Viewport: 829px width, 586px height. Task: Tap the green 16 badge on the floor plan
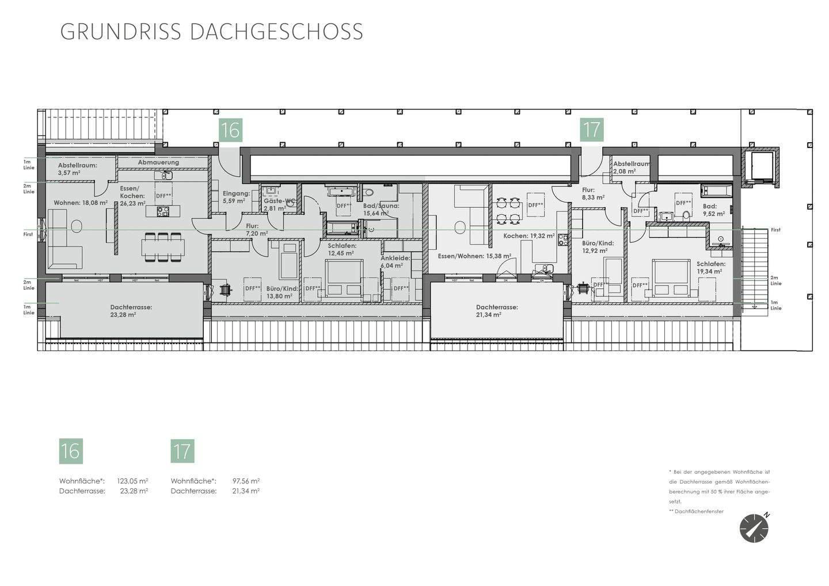230,131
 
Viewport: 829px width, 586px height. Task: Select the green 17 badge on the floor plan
591,130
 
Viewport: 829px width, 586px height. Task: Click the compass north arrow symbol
754,528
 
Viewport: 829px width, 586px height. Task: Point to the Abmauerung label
158,162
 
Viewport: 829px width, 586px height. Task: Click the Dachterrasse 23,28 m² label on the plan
131,311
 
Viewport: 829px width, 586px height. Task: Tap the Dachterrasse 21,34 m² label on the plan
496,311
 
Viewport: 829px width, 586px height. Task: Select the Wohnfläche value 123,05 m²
132,481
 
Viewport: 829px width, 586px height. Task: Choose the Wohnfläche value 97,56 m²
246,481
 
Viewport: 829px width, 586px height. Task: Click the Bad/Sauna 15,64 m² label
381,210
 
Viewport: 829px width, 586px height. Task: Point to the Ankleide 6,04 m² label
395,262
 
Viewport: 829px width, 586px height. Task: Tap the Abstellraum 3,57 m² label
77,169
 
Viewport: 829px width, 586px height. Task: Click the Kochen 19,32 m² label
528,236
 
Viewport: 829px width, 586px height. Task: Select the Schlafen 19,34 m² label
710,267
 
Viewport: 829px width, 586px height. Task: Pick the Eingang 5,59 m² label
236,197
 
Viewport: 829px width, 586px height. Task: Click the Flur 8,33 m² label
593,193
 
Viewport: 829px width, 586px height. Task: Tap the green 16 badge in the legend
71,451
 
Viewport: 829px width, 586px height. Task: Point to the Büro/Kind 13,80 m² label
282,292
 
